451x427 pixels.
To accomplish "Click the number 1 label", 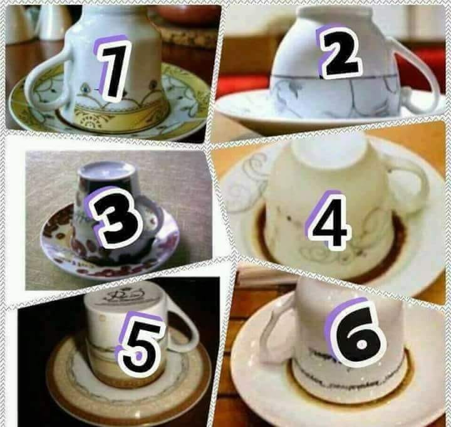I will (x=114, y=69).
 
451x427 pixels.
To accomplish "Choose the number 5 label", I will (x=143, y=342).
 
